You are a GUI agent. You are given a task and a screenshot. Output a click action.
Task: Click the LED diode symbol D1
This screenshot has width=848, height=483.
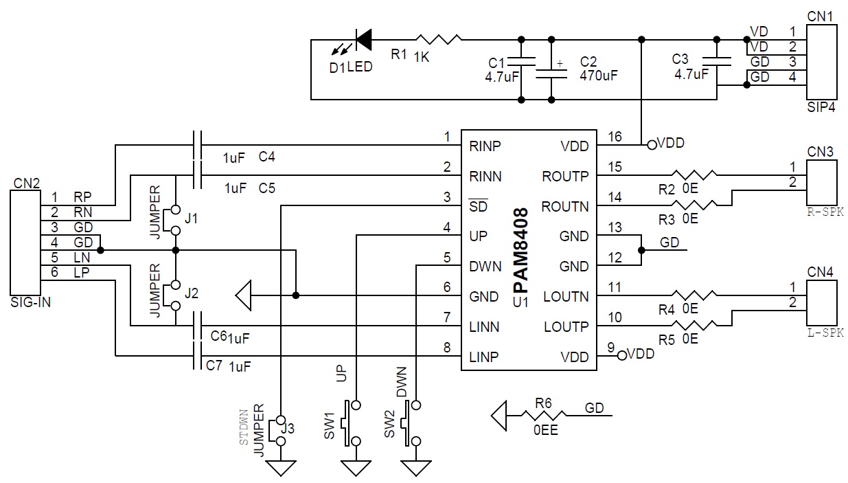363,39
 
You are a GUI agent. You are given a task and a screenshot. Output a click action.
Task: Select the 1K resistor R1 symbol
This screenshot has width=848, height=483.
438,39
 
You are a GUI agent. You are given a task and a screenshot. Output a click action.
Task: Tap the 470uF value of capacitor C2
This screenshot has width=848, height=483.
599,76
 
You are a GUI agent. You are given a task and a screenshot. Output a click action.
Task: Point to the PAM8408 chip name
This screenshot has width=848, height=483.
521,251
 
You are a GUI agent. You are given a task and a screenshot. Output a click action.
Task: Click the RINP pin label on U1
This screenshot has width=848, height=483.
485,146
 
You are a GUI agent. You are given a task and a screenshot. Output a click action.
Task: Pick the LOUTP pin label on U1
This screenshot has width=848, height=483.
566,326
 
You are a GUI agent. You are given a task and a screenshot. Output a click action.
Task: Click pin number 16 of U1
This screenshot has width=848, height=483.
615,136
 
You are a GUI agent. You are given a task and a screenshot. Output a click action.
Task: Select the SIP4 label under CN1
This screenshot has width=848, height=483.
821,107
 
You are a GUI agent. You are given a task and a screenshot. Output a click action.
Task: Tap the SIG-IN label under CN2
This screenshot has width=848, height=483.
31,302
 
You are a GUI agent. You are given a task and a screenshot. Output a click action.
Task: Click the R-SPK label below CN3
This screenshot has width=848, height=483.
825,212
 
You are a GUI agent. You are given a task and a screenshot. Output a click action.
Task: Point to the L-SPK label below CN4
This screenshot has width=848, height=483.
825,333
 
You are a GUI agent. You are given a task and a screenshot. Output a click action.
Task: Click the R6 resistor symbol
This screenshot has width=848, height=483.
544,416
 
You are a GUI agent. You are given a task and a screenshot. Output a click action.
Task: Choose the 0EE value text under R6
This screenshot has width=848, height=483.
545,430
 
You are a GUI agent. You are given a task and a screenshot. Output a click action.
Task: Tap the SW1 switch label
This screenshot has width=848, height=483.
330,426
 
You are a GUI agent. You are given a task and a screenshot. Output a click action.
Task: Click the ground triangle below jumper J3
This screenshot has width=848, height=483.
281,468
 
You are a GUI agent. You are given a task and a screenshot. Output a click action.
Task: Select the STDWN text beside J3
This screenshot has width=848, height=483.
244,427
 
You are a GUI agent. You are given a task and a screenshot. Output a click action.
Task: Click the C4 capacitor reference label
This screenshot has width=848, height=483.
266,157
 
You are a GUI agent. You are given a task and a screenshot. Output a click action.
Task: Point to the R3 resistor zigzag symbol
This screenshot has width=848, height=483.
694,205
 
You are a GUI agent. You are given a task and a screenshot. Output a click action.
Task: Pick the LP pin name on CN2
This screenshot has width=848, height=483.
82,272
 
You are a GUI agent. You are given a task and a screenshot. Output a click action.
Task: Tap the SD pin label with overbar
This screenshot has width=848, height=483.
478,205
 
